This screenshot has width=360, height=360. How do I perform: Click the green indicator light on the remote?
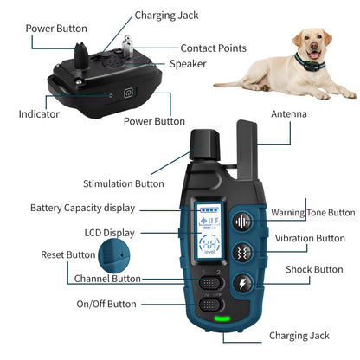point(222,318)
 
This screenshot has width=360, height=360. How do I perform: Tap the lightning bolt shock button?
point(243,284)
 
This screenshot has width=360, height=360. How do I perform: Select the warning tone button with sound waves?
point(242,222)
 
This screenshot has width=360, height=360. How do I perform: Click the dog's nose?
point(314,46)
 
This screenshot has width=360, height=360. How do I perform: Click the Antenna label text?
point(289,114)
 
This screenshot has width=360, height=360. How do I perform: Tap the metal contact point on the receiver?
point(127,46)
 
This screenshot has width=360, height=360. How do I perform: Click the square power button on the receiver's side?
point(129,93)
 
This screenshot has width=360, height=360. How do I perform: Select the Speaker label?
point(188,64)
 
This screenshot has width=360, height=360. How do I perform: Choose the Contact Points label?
point(214,48)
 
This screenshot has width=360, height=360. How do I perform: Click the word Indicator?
point(39,114)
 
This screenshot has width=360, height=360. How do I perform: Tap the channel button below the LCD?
point(211,283)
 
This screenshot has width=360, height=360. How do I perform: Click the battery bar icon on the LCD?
point(209,209)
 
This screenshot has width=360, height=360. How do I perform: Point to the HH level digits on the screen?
point(209,244)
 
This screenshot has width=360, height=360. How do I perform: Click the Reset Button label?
point(68,254)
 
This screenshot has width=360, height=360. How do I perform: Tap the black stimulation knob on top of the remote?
point(204,145)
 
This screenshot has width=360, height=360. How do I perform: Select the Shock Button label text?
point(314,269)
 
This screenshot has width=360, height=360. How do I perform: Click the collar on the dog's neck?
point(309,63)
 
